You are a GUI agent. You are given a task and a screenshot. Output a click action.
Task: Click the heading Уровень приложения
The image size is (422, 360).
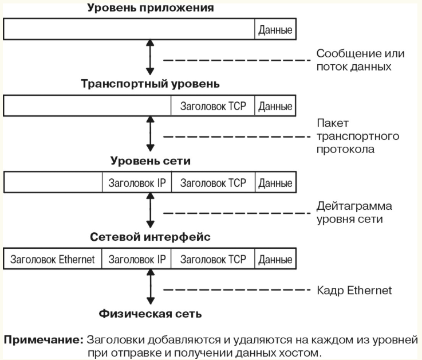(x=151, y=8)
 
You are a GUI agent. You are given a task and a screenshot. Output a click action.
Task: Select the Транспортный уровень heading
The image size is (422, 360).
(x=150, y=84)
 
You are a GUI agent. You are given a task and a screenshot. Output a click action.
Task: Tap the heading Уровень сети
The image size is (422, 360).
(x=150, y=161)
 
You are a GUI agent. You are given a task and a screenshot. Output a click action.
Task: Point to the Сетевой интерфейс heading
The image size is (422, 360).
(x=150, y=237)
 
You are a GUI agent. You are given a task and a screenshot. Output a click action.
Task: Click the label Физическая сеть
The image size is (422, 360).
(x=150, y=314)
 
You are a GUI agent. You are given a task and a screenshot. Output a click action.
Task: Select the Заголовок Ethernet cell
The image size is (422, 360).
(x=53, y=259)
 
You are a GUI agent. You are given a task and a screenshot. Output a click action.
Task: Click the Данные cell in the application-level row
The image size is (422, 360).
(x=275, y=30)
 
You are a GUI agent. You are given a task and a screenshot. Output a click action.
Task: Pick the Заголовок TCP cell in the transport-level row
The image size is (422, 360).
(x=213, y=106)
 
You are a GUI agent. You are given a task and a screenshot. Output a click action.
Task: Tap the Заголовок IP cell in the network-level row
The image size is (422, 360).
(x=137, y=183)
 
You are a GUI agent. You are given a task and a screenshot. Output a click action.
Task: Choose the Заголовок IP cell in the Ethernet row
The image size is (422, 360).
(x=136, y=259)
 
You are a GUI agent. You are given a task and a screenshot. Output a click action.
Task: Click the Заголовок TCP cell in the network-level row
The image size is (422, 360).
(x=213, y=183)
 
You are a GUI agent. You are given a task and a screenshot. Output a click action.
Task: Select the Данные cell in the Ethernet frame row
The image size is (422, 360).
(x=275, y=259)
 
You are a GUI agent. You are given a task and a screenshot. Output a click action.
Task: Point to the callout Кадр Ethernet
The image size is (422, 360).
(x=354, y=291)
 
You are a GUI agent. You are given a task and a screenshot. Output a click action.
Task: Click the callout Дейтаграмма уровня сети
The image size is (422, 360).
(x=354, y=213)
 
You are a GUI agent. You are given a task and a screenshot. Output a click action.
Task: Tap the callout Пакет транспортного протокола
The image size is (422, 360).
(x=358, y=136)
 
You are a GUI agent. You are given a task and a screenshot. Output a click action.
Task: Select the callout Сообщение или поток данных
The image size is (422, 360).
(x=360, y=60)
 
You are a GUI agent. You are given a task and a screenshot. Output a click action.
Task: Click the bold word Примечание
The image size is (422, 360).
(x=44, y=340)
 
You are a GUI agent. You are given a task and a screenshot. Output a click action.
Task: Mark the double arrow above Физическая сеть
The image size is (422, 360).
(x=151, y=287)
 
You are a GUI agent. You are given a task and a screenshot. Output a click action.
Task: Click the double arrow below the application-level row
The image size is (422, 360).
(x=150, y=57)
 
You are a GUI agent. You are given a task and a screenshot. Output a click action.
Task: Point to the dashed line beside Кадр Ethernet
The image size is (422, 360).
(x=237, y=290)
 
